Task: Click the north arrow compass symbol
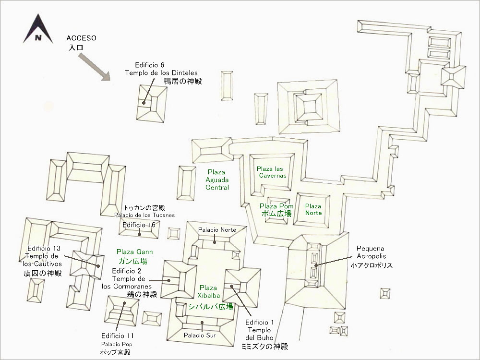37,30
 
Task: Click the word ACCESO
82,38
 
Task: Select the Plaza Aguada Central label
217,180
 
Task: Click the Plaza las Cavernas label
272,172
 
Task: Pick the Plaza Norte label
313,209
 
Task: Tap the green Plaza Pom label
276,206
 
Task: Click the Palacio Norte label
217,230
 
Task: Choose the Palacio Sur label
201,335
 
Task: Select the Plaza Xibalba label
208,292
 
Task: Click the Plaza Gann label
131,252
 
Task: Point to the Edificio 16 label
139,225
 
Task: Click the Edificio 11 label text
118,336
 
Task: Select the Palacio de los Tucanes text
144,215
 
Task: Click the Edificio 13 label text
44,248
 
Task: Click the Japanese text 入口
76,48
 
